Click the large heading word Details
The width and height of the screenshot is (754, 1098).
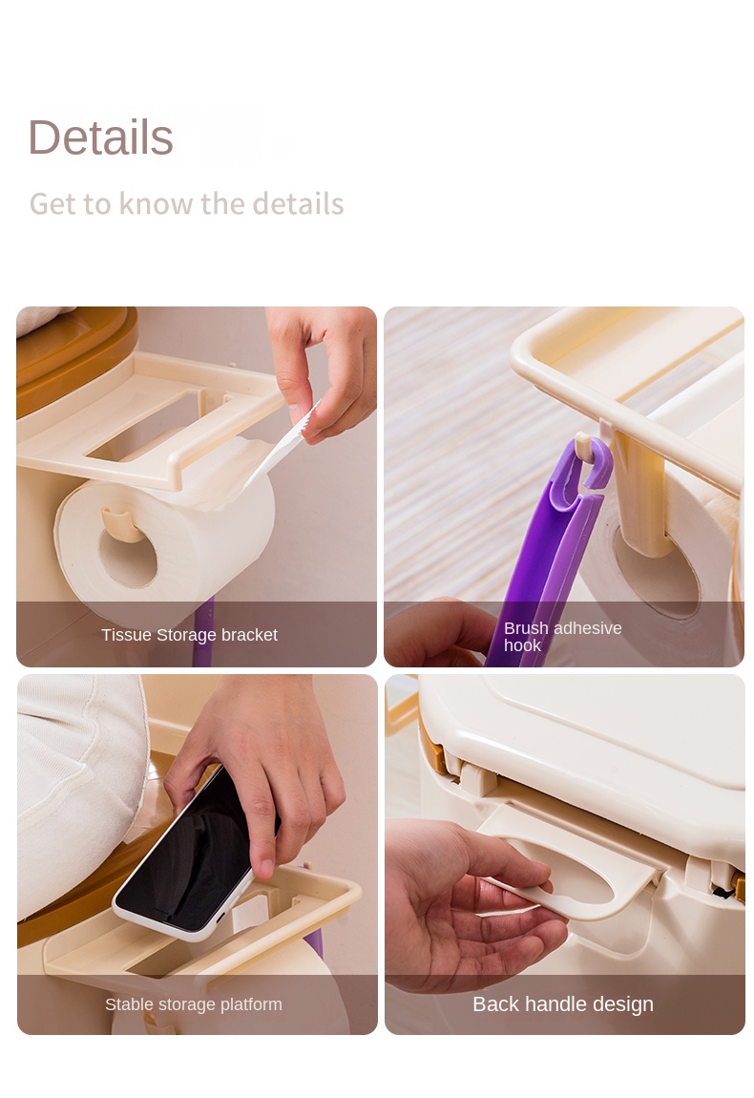[x=101, y=137]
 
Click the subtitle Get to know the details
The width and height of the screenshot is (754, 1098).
[x=186, y=204]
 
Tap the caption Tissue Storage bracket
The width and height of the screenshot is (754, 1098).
[x=189, y=635]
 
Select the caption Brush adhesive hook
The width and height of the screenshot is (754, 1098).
[x=562, y=637]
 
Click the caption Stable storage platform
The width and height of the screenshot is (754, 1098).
[x=193, y=1004]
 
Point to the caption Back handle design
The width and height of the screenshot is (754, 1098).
[x=563, y=1004]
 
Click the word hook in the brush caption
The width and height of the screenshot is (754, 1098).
[x=522, y=645]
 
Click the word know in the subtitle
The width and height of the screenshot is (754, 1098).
[x=156, y=204]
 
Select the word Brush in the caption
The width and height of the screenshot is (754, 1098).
[x=525, y=628]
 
